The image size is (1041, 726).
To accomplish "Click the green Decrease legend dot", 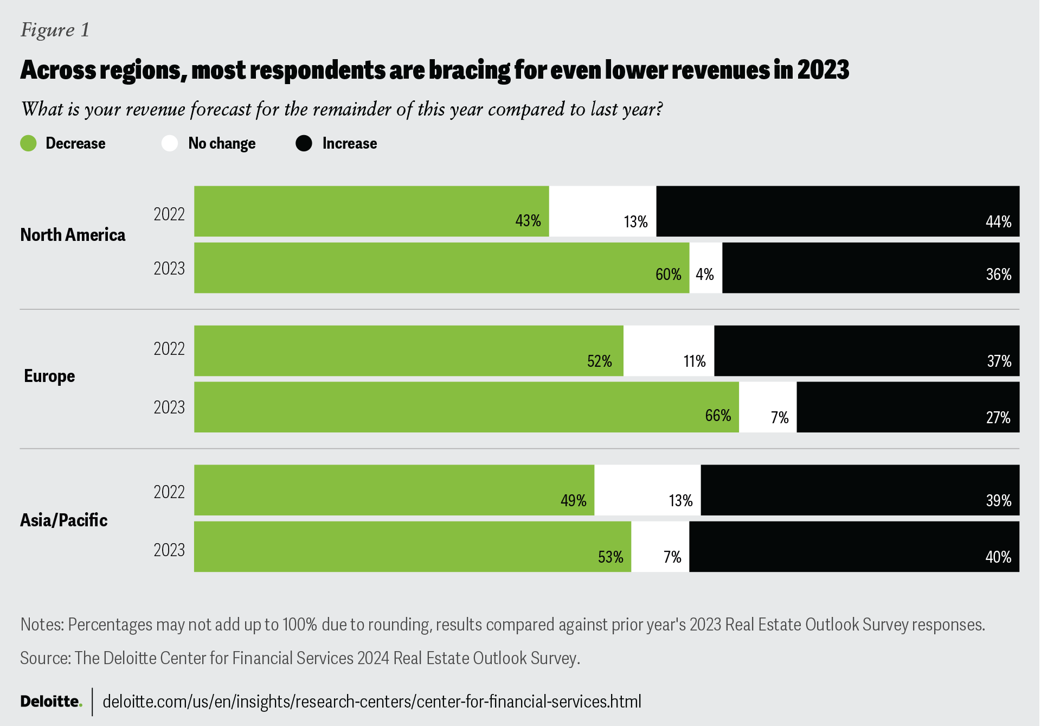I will pos(28,143).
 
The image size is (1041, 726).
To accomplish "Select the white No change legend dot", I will pos(170,143).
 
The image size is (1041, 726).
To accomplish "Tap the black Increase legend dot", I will pos(304,143).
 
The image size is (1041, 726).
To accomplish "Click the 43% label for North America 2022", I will pos(528,221).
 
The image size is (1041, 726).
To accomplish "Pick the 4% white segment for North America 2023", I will pos(705,268).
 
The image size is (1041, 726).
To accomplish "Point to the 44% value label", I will pos(998,221).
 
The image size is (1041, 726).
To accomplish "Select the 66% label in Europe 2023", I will pos(718,416).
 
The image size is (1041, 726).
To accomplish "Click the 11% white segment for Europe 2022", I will pos(669,351).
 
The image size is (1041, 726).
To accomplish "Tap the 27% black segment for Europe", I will pos(908,407).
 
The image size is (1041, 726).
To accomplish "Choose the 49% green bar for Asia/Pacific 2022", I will pos(394,490).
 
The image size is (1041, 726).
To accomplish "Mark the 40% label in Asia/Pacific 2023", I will pos(998,557).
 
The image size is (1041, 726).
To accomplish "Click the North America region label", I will pos(73,235).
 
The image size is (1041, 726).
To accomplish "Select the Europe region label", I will pos(49,376).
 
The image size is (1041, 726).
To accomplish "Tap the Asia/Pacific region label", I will pos(64,520).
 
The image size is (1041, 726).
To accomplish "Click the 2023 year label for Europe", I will pos(169,407).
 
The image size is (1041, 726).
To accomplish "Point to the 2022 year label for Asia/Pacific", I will pos(169,492).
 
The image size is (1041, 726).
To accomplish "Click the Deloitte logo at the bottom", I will pos(51,702).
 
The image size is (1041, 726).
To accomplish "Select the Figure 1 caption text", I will pos(55,30).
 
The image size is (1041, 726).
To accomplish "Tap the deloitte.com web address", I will pos(372,702).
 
